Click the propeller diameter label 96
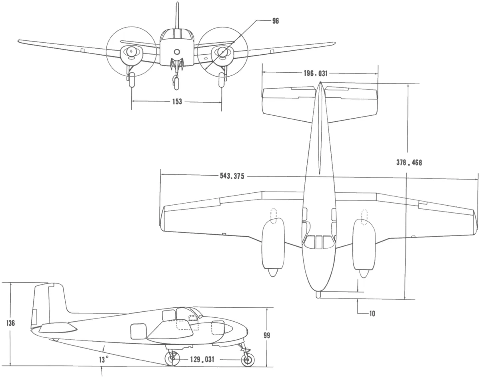pyautogui.click(x=275, y=21)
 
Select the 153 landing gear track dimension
pyautogui.click(x=177, y=101)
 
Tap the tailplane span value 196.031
pyautogui.click(x=316, y=74)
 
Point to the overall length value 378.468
pyautogui.click(x=409, y=162)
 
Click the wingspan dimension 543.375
pyautogui.click(x=232, y=176)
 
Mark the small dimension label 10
pyautogui.click(x=372, y=314)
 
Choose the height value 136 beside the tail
pyautogui.click(x=11, y=323)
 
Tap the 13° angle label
pyautogui.click(x=104, y=360)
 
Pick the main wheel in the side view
pyautogui.click(x=172, y=359)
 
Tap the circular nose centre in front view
pyautogui.click(x=177, y=51)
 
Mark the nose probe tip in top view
pyautogui.click(x=318, y=295)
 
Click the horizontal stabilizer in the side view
pyautogui.click(x=58, y=329)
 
